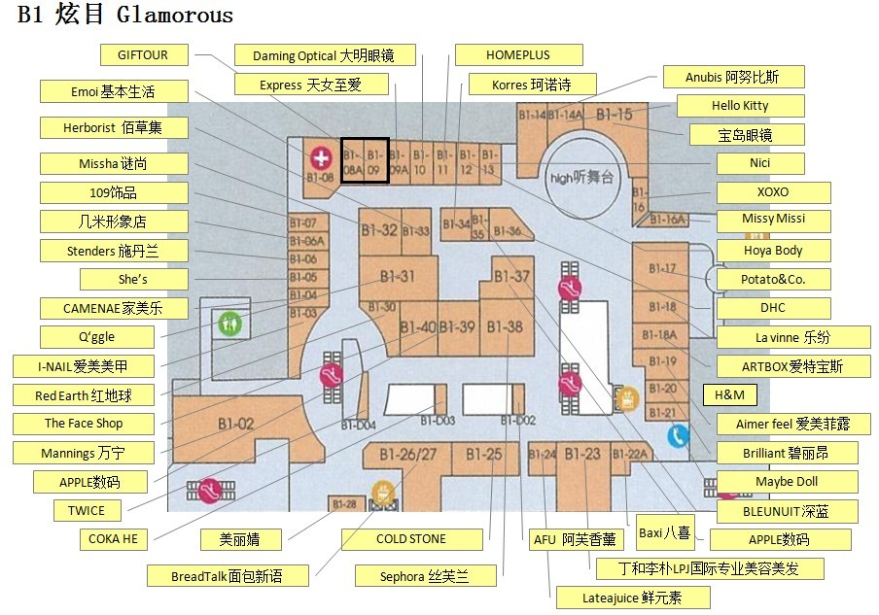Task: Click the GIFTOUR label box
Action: tap(143, 55)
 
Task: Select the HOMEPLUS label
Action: tap(518, 55)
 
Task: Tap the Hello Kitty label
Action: tap(740, 106)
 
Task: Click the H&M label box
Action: tap(729, 394)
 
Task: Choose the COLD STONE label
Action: tap(411, 539)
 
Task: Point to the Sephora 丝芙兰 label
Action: tap(425, 576)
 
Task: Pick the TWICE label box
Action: tap(87, 510)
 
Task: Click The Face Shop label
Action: tap(84, 424)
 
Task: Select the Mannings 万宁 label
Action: tap(83, 453)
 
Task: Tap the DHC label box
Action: tap(773, 308)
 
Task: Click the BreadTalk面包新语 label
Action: tap(227, 576)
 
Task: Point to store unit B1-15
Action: tap(615, 115)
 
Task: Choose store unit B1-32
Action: tap(378, 230)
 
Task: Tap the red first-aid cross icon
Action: tap(320, 157)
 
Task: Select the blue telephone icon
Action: tap(678, 436)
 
